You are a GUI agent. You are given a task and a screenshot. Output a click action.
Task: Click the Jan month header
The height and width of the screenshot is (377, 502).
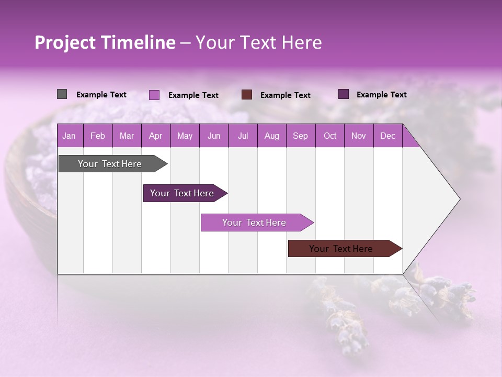(x=69, y=136)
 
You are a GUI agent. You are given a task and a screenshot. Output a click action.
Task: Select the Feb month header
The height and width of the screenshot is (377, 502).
(x=98, y=136)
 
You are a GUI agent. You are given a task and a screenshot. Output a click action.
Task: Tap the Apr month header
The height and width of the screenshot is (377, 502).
(x=155, y=136)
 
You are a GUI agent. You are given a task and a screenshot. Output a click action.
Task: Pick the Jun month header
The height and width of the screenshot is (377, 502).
(x=214, y=136)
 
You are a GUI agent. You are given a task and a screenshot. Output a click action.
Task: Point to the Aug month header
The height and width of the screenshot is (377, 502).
(x=271, y=136)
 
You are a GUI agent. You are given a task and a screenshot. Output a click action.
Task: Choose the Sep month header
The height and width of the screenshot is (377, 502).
(x=300, y=136)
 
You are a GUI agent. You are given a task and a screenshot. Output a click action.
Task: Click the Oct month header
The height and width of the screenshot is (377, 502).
(x=330, y=136)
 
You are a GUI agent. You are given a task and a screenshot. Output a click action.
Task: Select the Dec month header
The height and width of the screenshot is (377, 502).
(x=387, y=136)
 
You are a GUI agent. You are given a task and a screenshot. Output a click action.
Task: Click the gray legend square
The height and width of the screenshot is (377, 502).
(x=62, y=94)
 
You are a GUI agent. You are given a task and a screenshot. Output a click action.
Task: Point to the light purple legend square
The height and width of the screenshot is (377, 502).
(x=154, y=95)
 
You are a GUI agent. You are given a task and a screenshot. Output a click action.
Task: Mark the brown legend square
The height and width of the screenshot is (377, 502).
(x=247, y=95)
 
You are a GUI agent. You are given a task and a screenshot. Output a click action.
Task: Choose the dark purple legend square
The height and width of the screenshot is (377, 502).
(x=344, y=94)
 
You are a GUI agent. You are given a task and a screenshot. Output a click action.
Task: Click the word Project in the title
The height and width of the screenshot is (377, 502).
(x=65, y=42)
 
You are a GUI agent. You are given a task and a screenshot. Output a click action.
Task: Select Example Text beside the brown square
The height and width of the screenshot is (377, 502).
(x=285, y=95)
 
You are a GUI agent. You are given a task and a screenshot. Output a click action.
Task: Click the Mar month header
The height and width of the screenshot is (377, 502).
(x=127, y=136)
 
